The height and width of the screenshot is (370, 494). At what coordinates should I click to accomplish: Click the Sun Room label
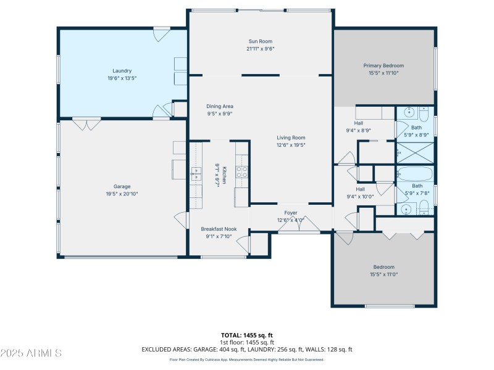point(261,41)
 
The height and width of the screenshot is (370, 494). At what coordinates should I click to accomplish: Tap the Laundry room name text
point(122,71)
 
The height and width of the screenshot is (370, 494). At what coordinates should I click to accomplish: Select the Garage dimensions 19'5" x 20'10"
point(122,194)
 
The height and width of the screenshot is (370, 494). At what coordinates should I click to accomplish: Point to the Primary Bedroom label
point(383,65)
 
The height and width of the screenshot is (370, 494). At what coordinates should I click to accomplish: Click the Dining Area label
point(219,106)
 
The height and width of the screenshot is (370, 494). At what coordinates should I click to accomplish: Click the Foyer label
point(291,213)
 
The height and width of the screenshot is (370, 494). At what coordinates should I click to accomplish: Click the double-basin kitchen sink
point(196,174)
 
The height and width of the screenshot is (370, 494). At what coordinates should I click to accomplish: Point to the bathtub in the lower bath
point(415,174)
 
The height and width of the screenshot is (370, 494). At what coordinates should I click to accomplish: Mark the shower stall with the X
point(415,152)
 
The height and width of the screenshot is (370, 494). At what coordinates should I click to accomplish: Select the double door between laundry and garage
point(86,124)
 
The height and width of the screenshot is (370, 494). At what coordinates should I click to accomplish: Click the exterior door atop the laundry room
point(162,33)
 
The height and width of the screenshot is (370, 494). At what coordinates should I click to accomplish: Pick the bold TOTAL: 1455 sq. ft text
point(247,335)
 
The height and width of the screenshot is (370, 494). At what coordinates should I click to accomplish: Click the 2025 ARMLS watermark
point(31,353)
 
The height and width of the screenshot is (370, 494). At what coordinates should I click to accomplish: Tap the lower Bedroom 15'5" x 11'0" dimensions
point(383,274)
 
